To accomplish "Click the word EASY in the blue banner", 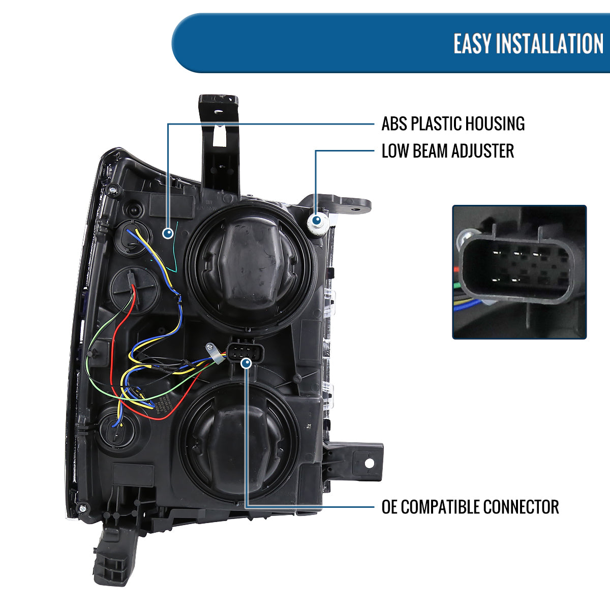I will point(472,44).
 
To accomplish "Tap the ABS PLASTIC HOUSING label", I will point(453,124).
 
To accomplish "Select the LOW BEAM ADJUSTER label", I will point(447,151).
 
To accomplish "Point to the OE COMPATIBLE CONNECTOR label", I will point(470,507).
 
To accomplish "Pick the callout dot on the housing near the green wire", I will point(168,233).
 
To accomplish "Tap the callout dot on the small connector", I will point(247,363).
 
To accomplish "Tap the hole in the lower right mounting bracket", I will point(369,463).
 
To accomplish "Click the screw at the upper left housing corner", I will point(112,191).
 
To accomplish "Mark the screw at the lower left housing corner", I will point(82,507).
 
